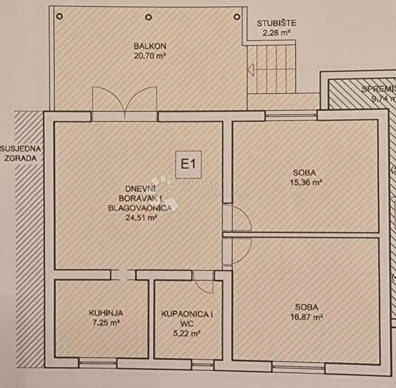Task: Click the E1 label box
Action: pyautogui.click(x=188, y=166)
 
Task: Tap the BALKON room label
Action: pyautogui.click(x=146, y=46)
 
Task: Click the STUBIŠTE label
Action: pyautogui.click(x=276, y=24)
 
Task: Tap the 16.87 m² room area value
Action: pyautogui.click(x=308, y=317)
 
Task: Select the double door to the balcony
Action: pyautogui.click(x=124, y=102)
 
